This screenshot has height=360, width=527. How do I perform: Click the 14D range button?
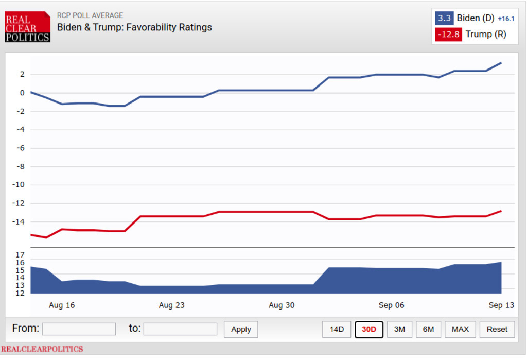coord(337,329)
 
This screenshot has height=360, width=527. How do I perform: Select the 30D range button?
coord(369,329)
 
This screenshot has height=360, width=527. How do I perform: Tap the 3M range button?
coord(399,329)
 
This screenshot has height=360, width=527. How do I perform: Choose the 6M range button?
coord(428,329)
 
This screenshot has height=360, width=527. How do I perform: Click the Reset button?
coord(497,329)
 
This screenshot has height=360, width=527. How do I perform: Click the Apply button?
coord(241,329)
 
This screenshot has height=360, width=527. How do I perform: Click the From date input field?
coord(79,329)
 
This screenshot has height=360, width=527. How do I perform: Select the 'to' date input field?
coord(180,329)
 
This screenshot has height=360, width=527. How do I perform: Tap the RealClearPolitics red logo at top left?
coord(27,27)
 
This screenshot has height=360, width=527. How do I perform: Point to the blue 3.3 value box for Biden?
coord(444,19)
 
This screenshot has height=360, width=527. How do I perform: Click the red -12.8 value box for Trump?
coord(448,35)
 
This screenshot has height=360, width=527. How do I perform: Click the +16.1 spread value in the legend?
coord(506,19)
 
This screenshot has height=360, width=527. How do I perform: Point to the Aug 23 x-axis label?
coord(172,305)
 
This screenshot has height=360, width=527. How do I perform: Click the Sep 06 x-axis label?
coord(392,305)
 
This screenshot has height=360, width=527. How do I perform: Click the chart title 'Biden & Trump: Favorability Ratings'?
coord(134,27)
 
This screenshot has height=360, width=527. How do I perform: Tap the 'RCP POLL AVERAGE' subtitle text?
coord(90,15)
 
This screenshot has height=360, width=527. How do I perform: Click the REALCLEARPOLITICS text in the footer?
coord(42,349)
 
